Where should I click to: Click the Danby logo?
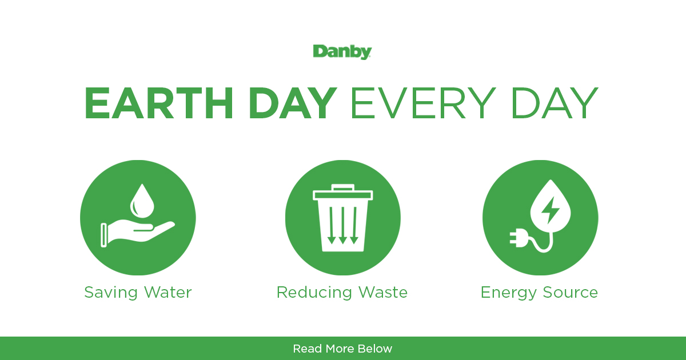pyautogui.click(x=342, y=52)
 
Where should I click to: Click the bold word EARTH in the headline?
pyautogui.click(x=159, y=103)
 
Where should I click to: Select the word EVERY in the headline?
pyautogui.click(x=423, y=103)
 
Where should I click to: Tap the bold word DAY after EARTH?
pyautogui.click(x=293, y=103)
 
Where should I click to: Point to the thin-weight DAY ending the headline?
pyautogui.click(x=555, y=103)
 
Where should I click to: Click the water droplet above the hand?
pyautogui.click(x=142, y=201)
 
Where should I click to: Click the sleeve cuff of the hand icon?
pyautogui.click(x=104, y=235)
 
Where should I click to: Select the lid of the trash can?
pyautogui.click(x=342, y=195)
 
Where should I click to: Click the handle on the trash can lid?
pyautogui.click(x=342, y=187)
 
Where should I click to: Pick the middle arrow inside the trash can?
pyautogui.click(x=342, y=225)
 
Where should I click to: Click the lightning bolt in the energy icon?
pyautogui.click(x=551, y=210)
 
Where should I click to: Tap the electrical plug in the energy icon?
pyautogui.click(x=519, y=238)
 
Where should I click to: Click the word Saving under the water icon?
pyautogui.click(x=111, y=293)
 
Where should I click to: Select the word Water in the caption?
pyautogui.click(x=168, y=293)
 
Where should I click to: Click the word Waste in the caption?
pyautogui.click(x=383, y=293)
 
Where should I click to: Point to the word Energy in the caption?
pyautogui.click(x=509, y=293)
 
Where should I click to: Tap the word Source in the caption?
pyautogui.click(x=571, y=293)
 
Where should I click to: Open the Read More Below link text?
pyautogui.click(x=342, y=349)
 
